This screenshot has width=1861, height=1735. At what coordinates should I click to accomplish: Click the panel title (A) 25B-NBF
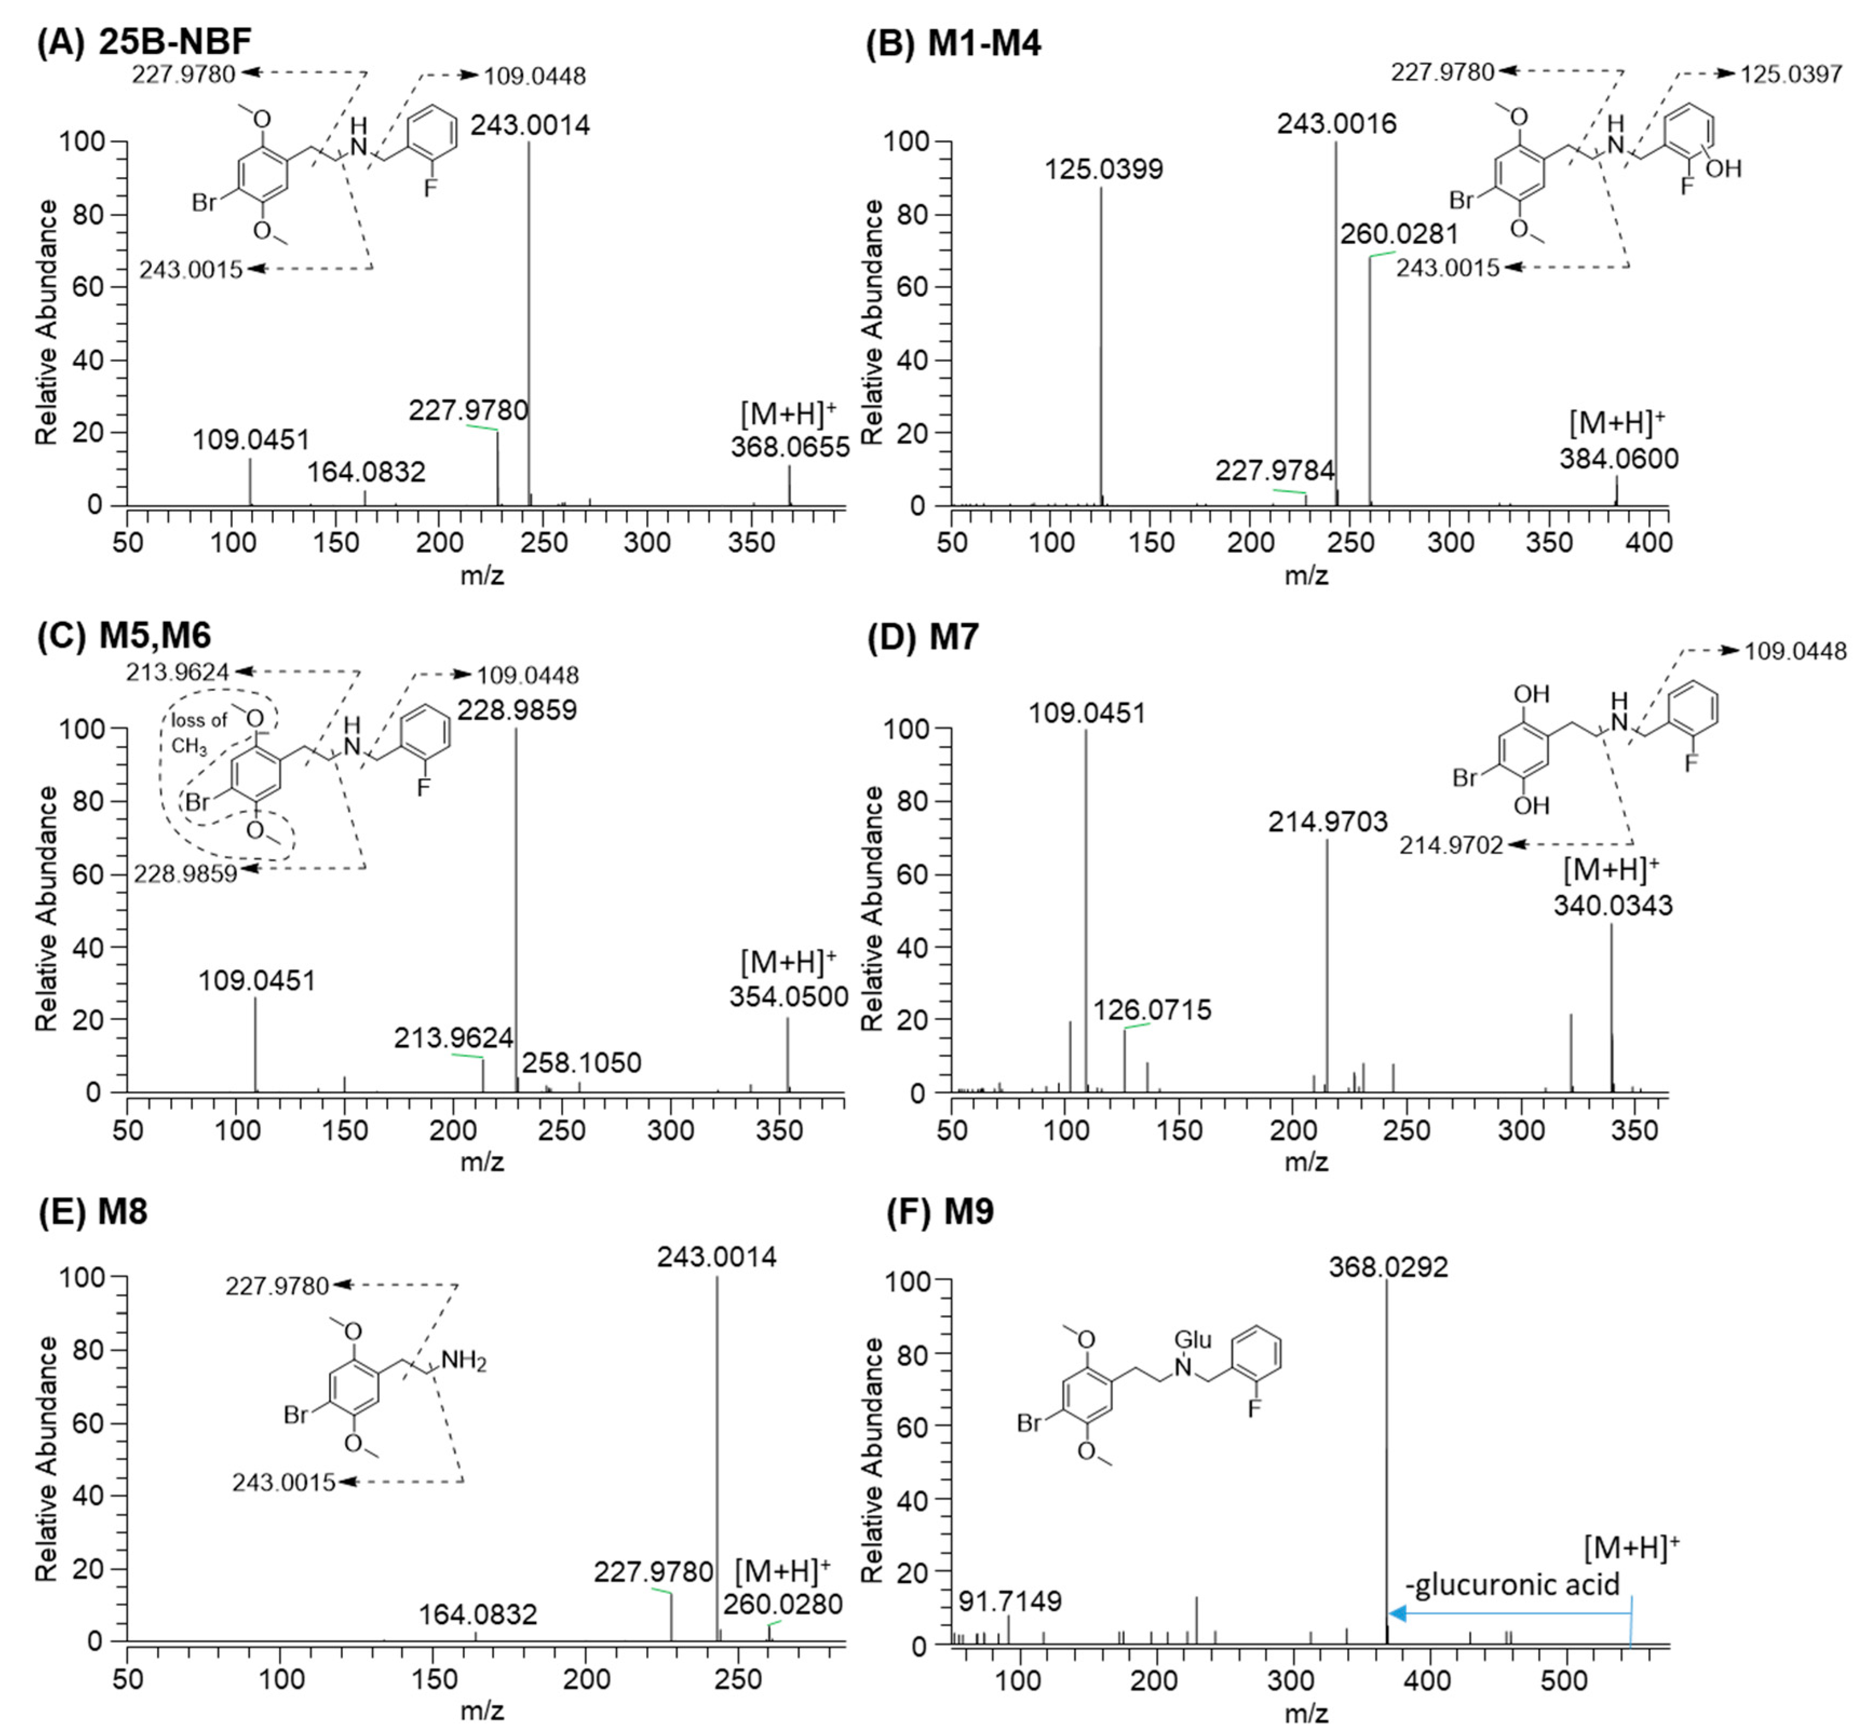coord(143,43)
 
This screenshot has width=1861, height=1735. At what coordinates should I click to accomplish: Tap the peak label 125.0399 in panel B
coord(1104,169)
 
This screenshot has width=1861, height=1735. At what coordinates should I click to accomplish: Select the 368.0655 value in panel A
coord(790,447)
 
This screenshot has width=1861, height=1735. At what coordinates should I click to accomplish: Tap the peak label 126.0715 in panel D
coord(1152,1010)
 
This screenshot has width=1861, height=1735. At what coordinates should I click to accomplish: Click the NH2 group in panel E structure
coord(463,1359)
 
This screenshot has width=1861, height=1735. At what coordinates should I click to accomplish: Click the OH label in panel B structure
coord(1723,168)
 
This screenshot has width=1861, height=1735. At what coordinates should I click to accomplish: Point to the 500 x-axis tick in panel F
coord(1564,1680)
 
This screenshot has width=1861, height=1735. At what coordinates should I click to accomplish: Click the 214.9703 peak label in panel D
coord(1328,822)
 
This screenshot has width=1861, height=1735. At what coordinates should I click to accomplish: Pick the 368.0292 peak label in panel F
coord(1388,1267)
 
